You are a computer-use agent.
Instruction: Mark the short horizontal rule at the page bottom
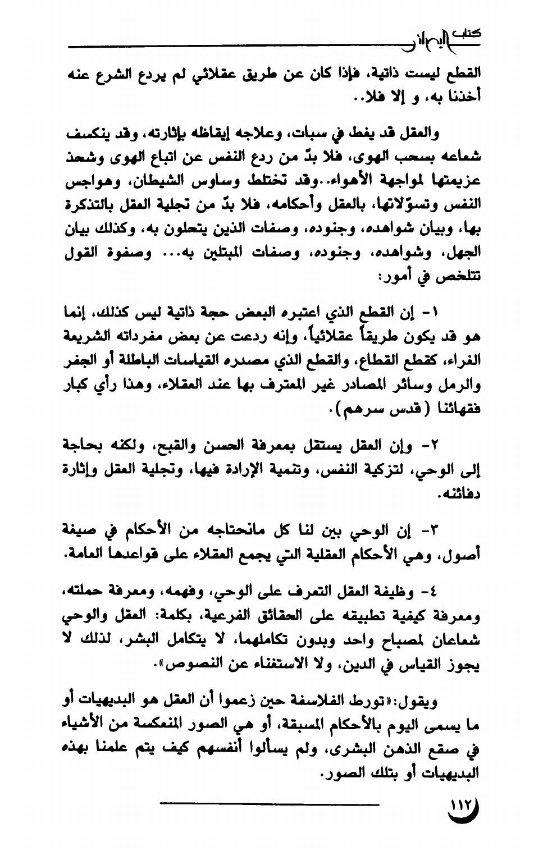tap(270, 806)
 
